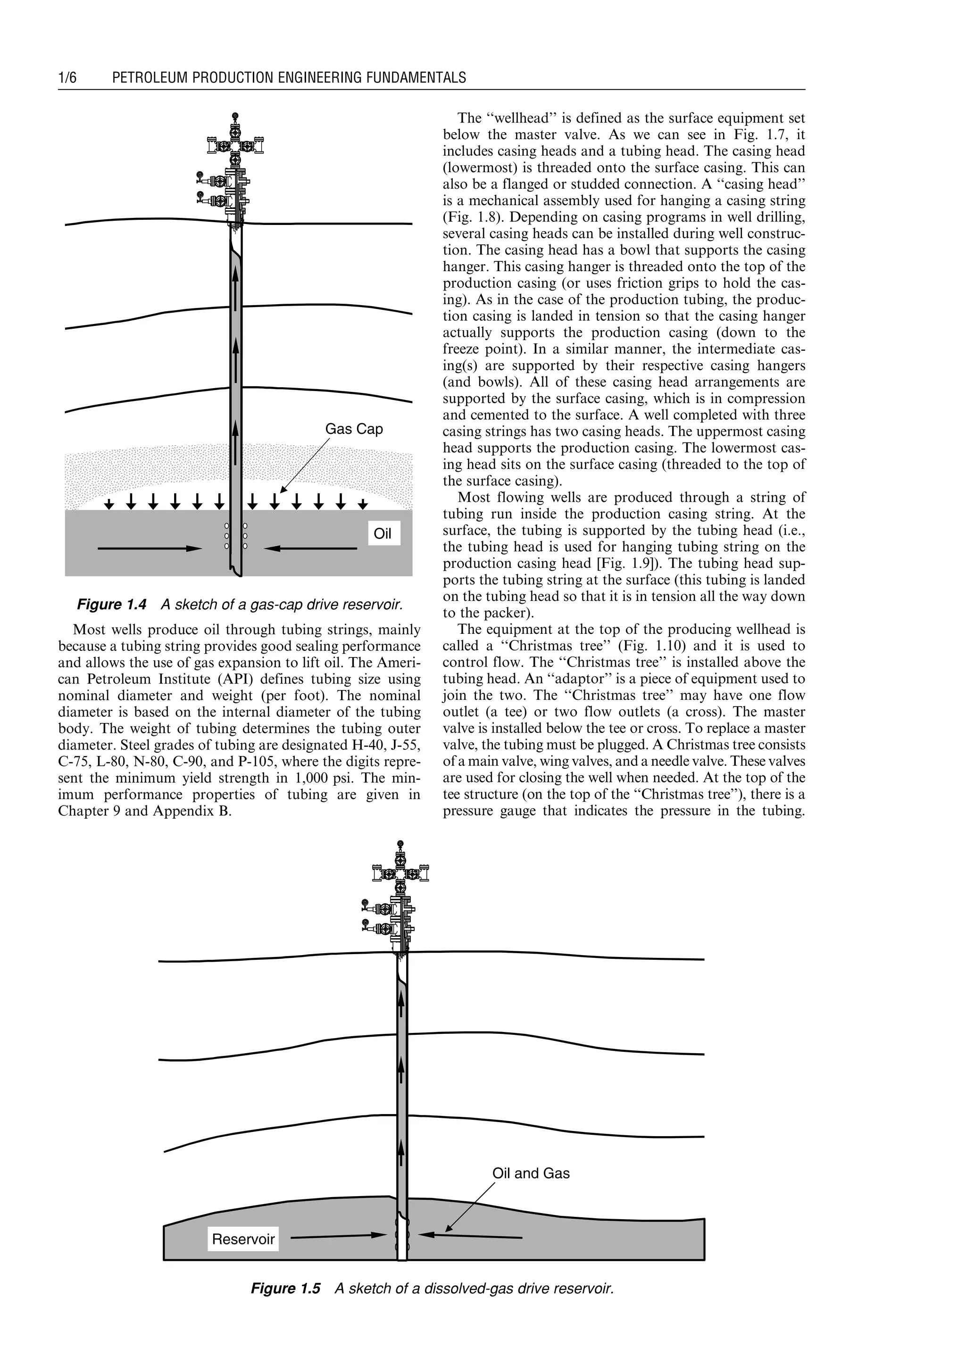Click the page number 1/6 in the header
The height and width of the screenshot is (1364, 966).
click(67, 78)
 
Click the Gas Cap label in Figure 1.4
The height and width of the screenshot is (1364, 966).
click(354, 429)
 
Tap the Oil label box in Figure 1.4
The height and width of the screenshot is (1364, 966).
click(383, 533)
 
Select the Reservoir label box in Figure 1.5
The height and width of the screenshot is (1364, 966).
click(243, 1239)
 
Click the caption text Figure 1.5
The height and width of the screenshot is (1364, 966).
click(285, 1289)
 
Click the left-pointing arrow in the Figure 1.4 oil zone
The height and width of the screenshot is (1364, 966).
click(310, 549)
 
